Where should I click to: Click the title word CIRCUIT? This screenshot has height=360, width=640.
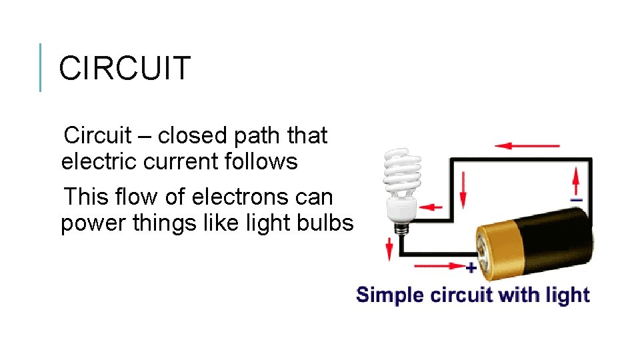[125, 68]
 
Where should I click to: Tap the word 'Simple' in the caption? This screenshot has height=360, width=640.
[391, 294]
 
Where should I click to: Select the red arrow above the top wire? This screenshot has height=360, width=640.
[527, 145]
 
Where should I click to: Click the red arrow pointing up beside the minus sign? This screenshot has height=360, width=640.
[577, 181]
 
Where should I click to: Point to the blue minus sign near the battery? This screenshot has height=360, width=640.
[577, 199]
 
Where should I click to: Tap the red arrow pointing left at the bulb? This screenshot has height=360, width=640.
[433, 207]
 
